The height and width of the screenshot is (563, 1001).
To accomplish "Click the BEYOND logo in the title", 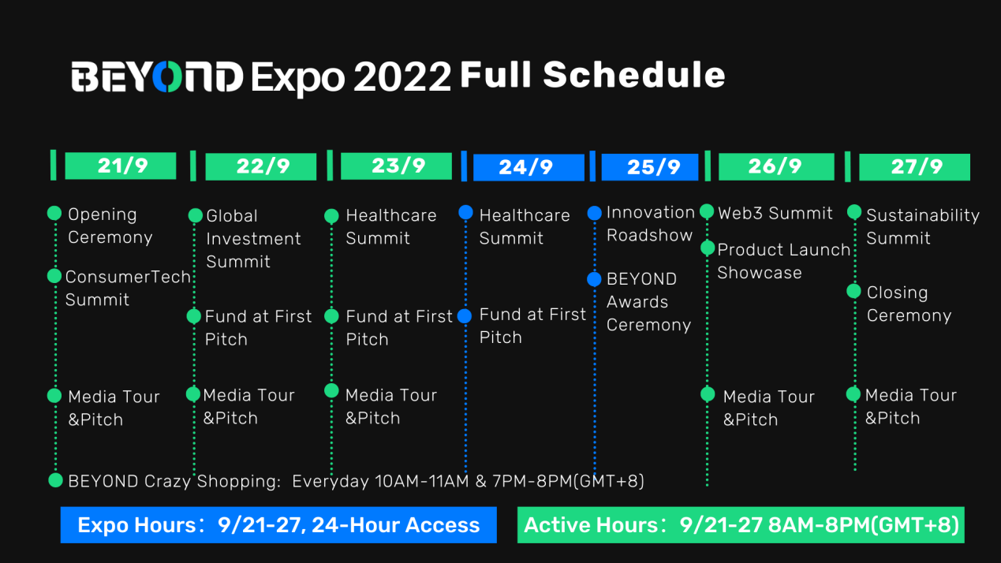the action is point(157,76).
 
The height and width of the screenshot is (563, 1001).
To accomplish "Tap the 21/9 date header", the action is point(121,166).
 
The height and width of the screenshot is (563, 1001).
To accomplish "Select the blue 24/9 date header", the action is point(529,167).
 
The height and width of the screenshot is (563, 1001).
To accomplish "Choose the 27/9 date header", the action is point(914,166).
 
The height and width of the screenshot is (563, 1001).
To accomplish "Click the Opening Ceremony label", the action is point(110,226).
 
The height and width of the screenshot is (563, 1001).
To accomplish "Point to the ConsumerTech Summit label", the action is point(129,289).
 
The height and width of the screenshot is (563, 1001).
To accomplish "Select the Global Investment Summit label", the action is point(253,239).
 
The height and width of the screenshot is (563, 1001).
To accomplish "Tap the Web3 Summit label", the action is point(775,213).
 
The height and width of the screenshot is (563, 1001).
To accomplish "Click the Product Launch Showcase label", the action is point(784,261).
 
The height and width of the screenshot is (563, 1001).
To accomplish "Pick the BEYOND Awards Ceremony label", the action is point(649,301).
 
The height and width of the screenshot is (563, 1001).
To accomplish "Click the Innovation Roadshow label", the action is point(651,224).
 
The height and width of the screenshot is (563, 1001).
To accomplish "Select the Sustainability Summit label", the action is point(923,226).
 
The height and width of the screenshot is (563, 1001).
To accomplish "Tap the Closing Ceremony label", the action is point(909,304).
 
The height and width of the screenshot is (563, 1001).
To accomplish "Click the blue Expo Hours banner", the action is point(278,524).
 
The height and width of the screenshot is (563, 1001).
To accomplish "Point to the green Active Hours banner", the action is point(741,524).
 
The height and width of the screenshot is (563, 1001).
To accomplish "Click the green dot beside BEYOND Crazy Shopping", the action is point(55,480).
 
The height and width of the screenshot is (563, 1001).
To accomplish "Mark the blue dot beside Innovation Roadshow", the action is point(594,213).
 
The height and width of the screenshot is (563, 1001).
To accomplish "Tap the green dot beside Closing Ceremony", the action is point(854,291).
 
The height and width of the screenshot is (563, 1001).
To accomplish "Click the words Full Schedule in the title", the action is point(592,74).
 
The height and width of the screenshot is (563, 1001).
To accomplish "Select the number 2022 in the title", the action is point(402,76).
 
